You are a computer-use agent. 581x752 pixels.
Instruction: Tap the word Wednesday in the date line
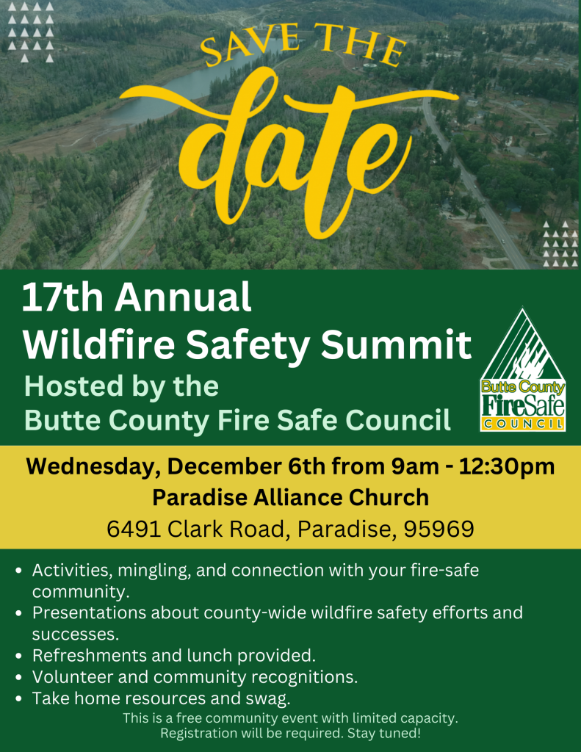pos(91,466)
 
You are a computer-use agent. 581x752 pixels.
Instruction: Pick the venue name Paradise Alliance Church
pos(290,497)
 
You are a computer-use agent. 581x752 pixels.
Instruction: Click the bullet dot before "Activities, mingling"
pos(18,571)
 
